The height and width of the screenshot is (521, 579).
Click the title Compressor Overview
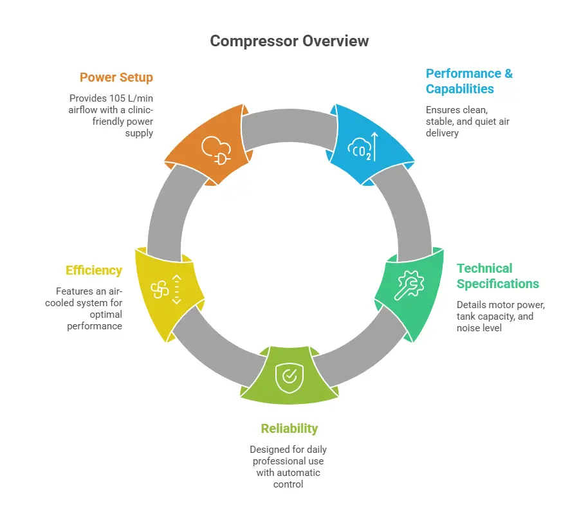click(289, 41)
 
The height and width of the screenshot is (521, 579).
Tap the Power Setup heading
click(116, 78)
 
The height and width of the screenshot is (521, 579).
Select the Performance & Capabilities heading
click(469, 81)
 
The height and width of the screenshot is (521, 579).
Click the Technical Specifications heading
click(497, 276)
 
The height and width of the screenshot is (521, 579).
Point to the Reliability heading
click(289, 428)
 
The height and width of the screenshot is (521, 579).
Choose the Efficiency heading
click(93, 271)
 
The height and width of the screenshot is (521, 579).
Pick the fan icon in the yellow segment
click(159, 289)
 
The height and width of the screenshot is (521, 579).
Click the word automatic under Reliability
click(299, 473)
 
